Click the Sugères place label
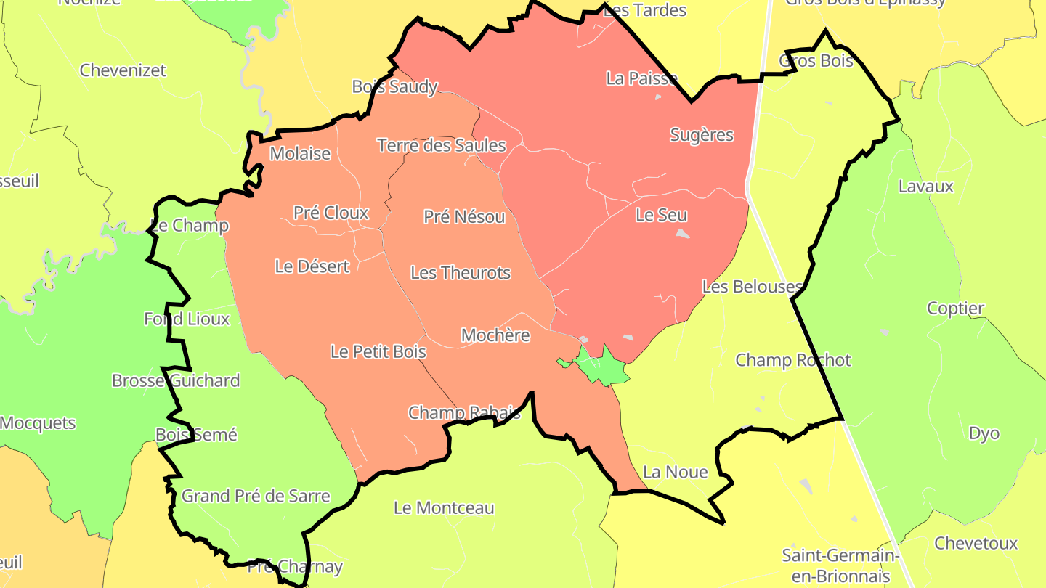[x=701, y=135]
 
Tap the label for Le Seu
[x=661, y=215]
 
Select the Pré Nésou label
[x=464, y=216]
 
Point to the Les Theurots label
[x=461, y=273]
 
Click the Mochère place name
[x=495, y=335]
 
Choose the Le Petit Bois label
[x=378, y=352]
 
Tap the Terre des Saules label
[x=441, y=145]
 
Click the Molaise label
[x=300, y=154]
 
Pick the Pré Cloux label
[x=331, y=213]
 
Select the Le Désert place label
[x=312, y=266]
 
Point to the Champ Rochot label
[x=792, y=360]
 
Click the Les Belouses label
[x=752, y=287]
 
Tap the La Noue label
[x=676, y=473]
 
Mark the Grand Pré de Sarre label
[x=256, y=497]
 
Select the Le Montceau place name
[x=444, y=508]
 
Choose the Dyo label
[x=984, y=433]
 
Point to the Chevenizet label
[x=123, y=70]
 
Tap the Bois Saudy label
[x=394, y=87]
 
